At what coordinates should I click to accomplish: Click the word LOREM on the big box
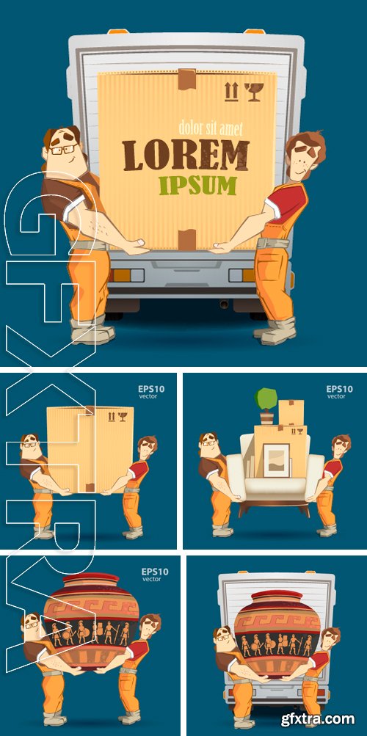(186, 155)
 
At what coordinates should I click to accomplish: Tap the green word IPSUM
(197, 186)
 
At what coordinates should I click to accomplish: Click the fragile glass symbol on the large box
(255, 92)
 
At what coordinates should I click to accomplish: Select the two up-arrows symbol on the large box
(231, 92)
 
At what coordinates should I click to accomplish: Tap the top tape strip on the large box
(186, 78)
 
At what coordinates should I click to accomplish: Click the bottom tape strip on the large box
(186, 240)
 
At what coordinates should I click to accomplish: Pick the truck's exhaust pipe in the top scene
(225, 305)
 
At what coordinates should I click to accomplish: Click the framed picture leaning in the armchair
(276, 460)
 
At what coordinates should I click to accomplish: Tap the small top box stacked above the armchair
(291, 412)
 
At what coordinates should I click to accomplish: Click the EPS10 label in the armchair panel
(339, 389)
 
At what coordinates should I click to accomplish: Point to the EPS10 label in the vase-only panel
(155, 572)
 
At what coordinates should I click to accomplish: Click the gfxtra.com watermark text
(318, 718)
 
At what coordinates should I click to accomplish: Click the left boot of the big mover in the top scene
(92, 332)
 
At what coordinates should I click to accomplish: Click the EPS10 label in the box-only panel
(151, 389)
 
